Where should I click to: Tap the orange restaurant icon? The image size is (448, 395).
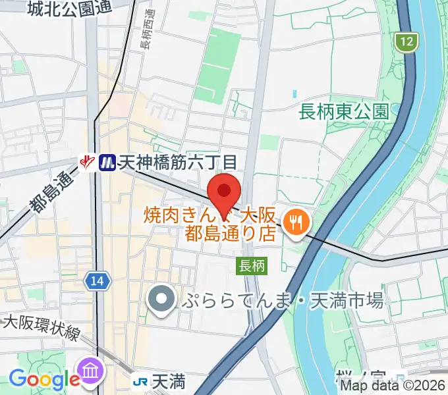coord(294,221)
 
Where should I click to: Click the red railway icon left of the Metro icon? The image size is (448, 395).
coord(87,161)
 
